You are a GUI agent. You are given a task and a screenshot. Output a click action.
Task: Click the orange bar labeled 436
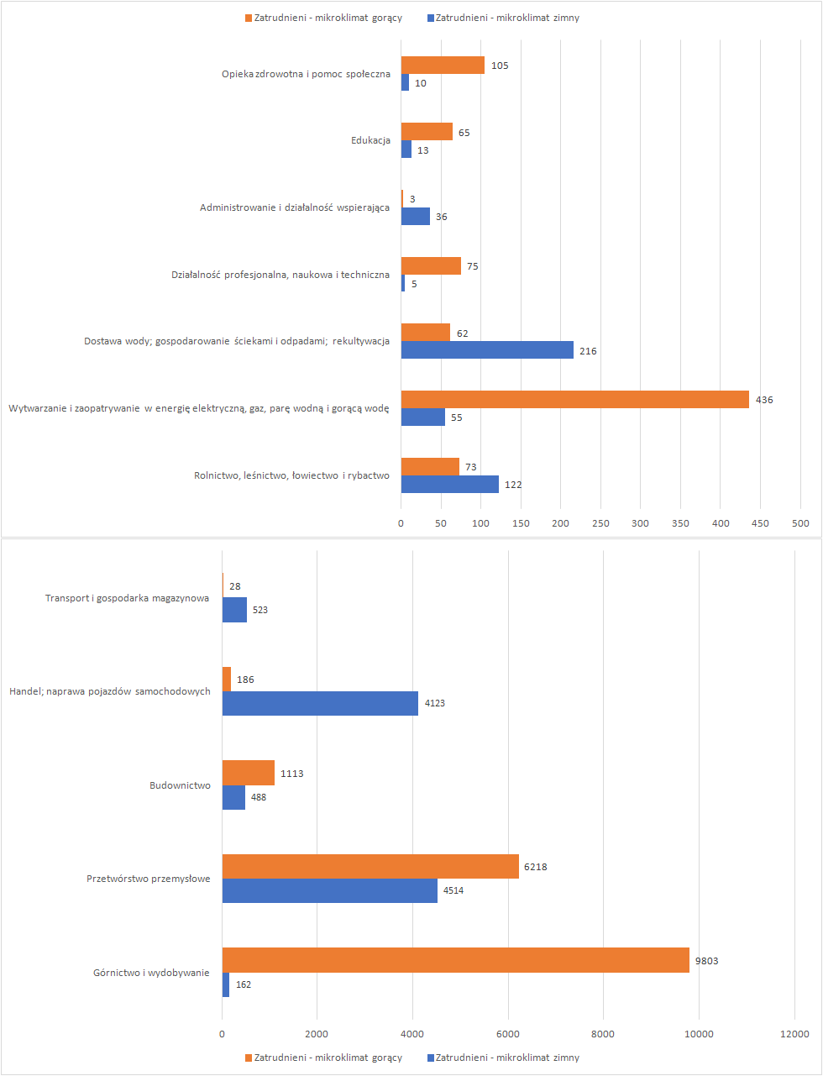pos(574,400)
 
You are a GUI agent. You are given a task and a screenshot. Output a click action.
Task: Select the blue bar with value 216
pos(487,350)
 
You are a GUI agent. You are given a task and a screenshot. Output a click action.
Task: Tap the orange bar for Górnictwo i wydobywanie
pos(455,960)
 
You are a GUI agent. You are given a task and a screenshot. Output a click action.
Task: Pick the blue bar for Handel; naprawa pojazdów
pos(320,703)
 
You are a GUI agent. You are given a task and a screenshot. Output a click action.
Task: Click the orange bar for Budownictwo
pos(249,773)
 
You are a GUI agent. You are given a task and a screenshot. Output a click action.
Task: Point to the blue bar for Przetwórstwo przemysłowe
pos(330,890)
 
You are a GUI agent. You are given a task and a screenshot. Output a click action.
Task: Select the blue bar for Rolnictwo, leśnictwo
pos(449,484)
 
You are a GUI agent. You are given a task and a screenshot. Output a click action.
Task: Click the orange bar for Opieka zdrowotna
pos(443,66)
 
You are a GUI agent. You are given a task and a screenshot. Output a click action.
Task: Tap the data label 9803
pos(706,961)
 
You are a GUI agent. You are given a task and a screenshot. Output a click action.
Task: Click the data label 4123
pos(435,703)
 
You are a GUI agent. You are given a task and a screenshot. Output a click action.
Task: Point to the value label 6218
pos(535,867)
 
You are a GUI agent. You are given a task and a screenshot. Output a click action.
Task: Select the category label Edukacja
pos(370,140)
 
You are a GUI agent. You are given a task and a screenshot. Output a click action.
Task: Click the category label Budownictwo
pos(180,785)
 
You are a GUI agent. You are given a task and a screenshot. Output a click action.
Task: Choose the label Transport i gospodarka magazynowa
pos(127,598)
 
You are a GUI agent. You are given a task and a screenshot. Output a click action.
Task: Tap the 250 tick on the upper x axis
pos(600,523)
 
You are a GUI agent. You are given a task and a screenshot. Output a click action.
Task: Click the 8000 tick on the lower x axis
pos(603,1034)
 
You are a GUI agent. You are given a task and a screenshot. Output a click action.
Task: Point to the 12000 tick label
pos(794,1034)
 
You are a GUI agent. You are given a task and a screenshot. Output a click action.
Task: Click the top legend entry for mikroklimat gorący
pos(323,18)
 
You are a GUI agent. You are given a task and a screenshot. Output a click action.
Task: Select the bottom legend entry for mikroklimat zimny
pos(503,1058)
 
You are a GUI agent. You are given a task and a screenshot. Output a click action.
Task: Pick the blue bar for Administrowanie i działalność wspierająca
pos(415,216)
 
